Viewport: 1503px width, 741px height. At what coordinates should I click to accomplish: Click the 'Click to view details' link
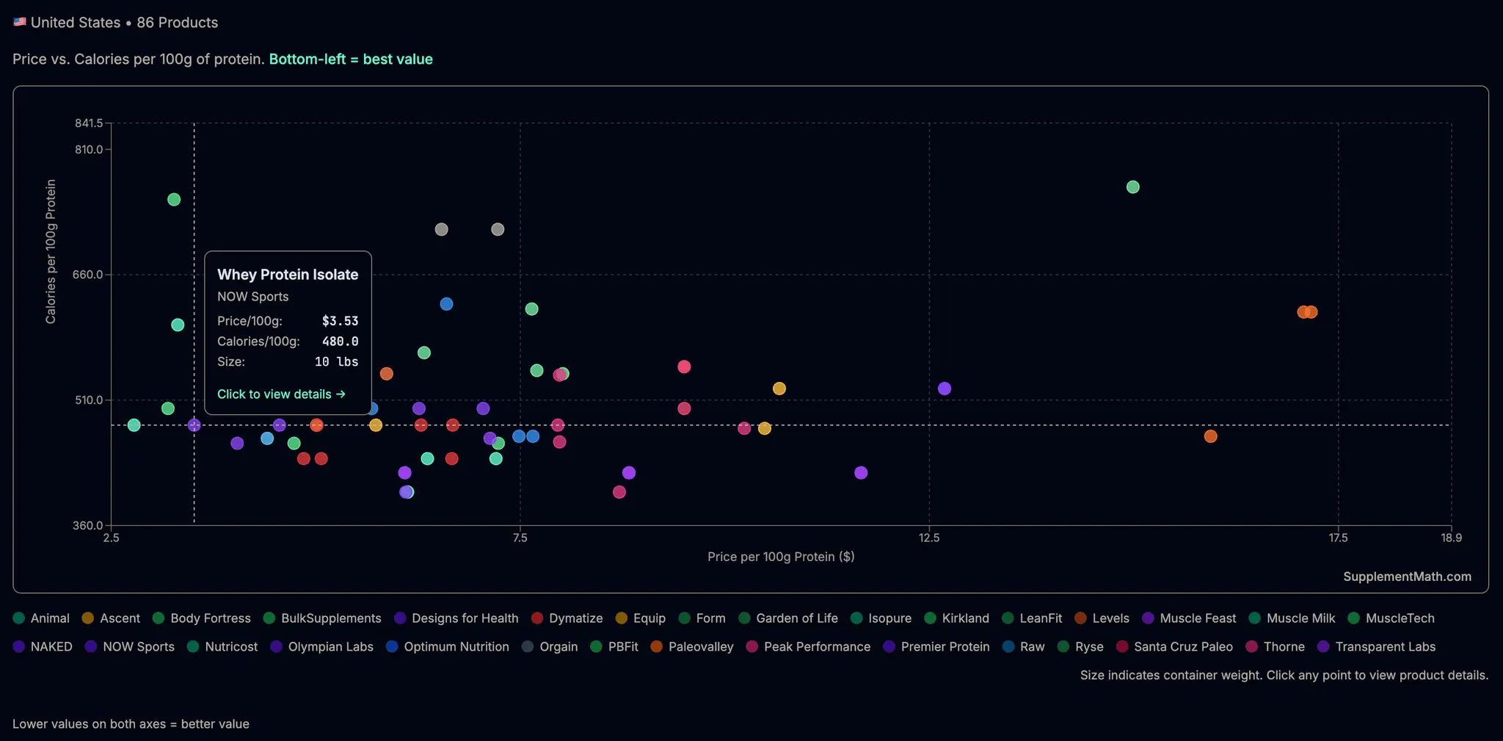(x=281, y=394)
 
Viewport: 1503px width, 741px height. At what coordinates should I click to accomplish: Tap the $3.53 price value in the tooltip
(x=341, y=321)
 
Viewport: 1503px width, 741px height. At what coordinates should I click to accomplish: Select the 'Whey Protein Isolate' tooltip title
(x=288, y=275)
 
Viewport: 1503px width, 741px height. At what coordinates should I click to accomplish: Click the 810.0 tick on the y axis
(x=89, y=150)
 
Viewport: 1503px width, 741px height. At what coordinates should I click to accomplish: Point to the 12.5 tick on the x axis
(x=929, y=538)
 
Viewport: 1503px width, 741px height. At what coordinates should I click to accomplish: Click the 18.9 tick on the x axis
(x=1451, y=538)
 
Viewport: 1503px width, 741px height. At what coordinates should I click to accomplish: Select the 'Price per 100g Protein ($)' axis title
(x=781, y=557)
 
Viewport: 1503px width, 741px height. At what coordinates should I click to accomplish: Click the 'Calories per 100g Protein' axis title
(x=51, y=251)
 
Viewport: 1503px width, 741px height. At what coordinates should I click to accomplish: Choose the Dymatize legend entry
(x=567, y=618)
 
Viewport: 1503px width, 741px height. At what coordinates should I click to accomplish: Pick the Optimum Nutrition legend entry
(x=448, y=647)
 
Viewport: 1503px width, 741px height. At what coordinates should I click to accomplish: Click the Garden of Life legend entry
(x=788, y=618)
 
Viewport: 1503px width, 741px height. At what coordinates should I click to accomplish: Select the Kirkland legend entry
(x=956, y=618)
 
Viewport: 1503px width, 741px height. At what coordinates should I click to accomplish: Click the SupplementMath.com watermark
(x=1407, y=576)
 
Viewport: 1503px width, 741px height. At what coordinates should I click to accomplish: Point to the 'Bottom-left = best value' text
(x=351, y=59)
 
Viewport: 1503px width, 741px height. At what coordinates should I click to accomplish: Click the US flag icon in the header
(x=20, y=22)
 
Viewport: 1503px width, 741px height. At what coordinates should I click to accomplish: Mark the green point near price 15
(x=1132, y=187)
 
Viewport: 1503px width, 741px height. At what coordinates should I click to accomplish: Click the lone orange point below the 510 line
(x=1210, y=436)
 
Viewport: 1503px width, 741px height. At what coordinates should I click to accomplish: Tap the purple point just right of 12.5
(x=945, y=388)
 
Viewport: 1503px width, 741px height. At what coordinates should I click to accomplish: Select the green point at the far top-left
(x=174, y=200)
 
